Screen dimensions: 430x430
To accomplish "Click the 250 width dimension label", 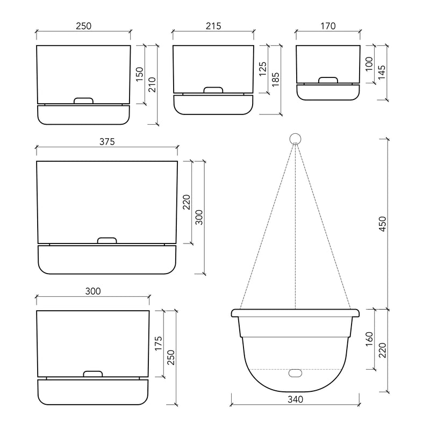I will point(83,26).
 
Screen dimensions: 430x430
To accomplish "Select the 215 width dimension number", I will point(213,26).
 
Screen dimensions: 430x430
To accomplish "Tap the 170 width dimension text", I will point(328,26).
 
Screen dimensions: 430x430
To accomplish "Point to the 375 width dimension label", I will point(106,141).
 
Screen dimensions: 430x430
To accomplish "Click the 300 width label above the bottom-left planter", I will point(93,291).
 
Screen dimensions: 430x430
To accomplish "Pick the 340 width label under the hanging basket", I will point(295,399).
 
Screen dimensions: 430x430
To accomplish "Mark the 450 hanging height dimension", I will point(383,224).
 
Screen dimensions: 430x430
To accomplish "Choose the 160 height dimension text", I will point(369,340).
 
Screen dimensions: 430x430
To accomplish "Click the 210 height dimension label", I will point(152,85).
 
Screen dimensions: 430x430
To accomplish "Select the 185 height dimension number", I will point(275,80).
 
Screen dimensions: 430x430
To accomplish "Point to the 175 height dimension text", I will point(158,343).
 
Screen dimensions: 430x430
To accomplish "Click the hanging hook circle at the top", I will point(295,138).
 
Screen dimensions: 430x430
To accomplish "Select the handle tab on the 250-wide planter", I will point(83,101).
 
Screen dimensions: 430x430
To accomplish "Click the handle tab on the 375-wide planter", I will point(106,240).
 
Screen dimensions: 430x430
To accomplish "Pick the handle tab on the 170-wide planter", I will point(328,81).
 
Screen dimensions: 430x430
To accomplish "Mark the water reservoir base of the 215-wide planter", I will point(213,105).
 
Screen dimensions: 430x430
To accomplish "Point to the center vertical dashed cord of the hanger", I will point(295,226).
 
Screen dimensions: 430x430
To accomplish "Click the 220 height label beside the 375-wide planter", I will point(186,202).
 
